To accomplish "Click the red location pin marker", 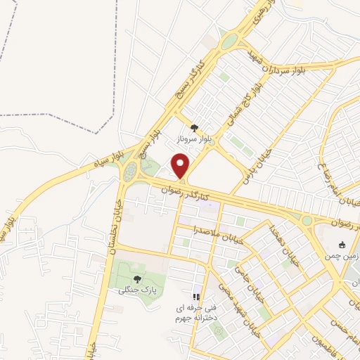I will pyautogui.click(x=181, y=167).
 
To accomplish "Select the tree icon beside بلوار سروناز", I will pyautogui.click(x=195, y=129).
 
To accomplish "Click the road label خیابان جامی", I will pyautogui.click(x=245, y=281).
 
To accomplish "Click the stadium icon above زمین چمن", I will pyautogui.click(x=342, y=245).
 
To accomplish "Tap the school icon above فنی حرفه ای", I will pyautogui.click(x=197, y=297).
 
